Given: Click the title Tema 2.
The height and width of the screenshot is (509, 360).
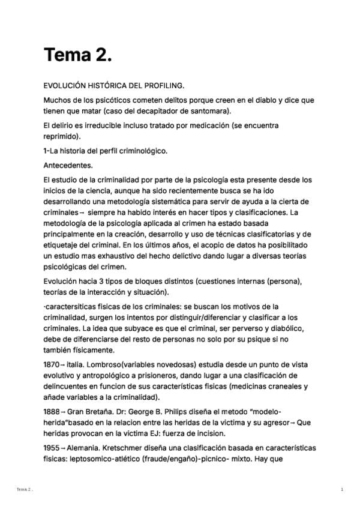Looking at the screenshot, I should pos(78,55).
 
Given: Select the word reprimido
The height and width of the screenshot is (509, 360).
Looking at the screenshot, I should pos(62,136).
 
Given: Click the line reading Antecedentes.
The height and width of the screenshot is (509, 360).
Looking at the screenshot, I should pos(68,165).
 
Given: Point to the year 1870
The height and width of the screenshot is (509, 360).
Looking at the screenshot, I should pos(52,363).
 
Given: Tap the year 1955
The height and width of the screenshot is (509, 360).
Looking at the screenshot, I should pos(52,448).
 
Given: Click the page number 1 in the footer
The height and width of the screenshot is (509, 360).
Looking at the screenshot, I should pos(341,490).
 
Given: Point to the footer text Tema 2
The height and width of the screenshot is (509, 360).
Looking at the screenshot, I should pos(25,490).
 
